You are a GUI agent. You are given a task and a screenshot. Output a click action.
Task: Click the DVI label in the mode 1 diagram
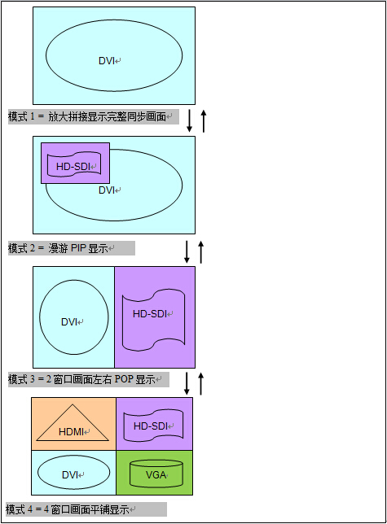(x=107, y=61)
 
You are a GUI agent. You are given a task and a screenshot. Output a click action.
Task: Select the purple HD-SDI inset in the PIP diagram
(x=75, y=163)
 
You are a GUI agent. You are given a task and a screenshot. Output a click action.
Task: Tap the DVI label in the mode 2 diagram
(x=107, y=190)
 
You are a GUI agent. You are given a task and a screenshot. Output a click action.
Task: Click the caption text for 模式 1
(x=87, y=116)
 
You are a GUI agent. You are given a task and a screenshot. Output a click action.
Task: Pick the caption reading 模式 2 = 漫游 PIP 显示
(x=58, y=248)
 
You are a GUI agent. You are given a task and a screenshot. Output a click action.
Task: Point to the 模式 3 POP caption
(x=81, y=380)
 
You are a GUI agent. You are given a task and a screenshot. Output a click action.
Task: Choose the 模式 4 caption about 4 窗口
(x=68, y=509)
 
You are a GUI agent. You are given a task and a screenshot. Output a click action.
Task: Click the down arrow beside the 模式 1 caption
(x=189, y=120)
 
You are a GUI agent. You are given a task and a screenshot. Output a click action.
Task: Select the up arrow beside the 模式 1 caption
(x=204, y=121)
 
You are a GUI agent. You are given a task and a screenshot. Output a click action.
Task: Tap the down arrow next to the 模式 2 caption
(x=187, y=251)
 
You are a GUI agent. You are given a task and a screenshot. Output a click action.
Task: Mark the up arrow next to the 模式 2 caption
(x=200, y=251)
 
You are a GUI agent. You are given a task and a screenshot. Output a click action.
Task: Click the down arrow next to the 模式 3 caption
(x=187, y=383)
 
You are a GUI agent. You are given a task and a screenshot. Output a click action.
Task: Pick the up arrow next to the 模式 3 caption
(x=200, y=384)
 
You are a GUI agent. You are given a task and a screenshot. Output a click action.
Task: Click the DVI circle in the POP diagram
(x=40, y=317)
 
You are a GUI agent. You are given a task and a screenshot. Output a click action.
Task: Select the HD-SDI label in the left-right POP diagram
(x=150, y=314)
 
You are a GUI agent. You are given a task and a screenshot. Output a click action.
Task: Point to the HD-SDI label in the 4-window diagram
(x=151, y=426)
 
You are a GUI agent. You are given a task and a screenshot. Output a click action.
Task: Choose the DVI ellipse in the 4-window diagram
(x=37, y=473)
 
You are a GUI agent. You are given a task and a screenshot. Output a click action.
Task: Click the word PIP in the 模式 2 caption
(x=78, y=248)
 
